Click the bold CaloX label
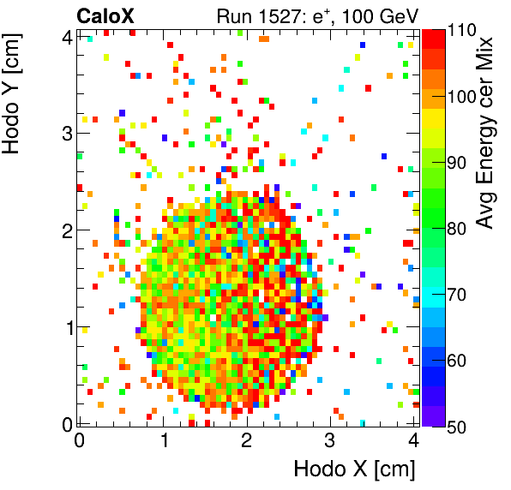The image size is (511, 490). (x=105, y=15)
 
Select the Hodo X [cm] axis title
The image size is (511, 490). (x=354, y=469)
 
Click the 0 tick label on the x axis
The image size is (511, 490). (x=79, y=441)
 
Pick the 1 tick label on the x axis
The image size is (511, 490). (x=163, y=441)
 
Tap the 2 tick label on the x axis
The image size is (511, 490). (x=247, y=441)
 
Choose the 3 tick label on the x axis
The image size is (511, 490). (x=330, y=441)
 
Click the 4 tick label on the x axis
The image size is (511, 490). (x=414, y=441)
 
